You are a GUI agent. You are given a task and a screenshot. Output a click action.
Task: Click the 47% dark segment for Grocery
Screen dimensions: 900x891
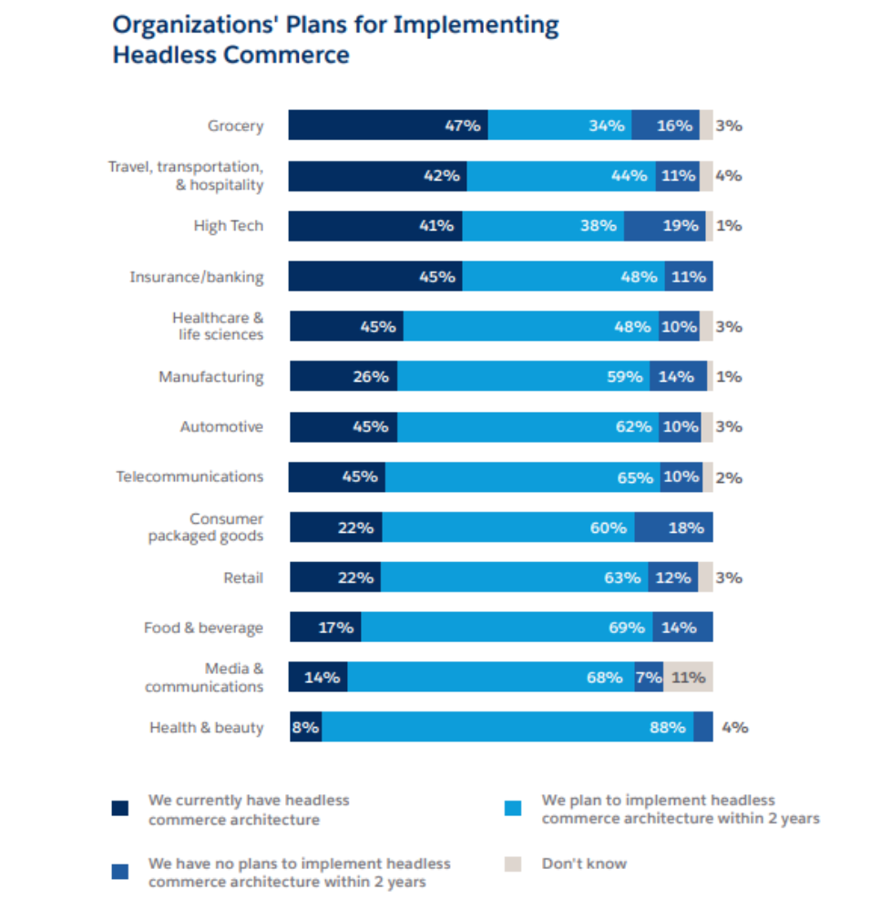tap(388, 126)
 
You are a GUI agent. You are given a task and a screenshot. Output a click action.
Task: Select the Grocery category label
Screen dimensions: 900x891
tap(235, 126)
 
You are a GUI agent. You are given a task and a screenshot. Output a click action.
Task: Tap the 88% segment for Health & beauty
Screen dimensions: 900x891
tap(507, 727)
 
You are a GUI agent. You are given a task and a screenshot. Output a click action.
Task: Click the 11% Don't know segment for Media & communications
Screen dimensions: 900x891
tap(688, 677)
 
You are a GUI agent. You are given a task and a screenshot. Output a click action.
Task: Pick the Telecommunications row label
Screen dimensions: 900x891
tap(189, 476)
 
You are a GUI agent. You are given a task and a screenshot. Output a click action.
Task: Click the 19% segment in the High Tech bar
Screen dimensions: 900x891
tap(664, 226)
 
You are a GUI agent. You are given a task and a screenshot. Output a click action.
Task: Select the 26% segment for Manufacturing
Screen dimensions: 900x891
tap(343, 376)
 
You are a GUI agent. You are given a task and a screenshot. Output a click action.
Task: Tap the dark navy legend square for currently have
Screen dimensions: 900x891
tap(119, 808)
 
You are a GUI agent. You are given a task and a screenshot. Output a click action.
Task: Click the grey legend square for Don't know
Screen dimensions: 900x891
tap(512, 864)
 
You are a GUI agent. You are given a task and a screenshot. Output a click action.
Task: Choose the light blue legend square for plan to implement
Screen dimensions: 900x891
tap(512, 808)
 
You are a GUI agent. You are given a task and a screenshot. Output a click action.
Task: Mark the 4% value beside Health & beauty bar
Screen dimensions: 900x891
tap(734, 727)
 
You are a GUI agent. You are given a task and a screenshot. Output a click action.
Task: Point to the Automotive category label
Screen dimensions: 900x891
tap(221, 426)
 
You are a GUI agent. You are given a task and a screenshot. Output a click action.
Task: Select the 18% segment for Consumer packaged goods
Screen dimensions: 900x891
tap(673, 527)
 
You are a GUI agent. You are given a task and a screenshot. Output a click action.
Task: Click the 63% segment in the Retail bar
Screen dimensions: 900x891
tap(514, 577)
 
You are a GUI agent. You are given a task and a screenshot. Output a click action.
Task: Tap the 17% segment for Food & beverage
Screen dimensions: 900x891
tap(325, 627)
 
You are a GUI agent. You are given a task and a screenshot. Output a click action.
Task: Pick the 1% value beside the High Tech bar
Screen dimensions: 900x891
tap(729, 226)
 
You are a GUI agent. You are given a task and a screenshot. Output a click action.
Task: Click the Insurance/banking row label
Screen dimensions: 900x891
tap(196, 276)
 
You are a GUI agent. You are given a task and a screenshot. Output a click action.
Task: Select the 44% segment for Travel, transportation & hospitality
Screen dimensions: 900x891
tap(560, 176)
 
